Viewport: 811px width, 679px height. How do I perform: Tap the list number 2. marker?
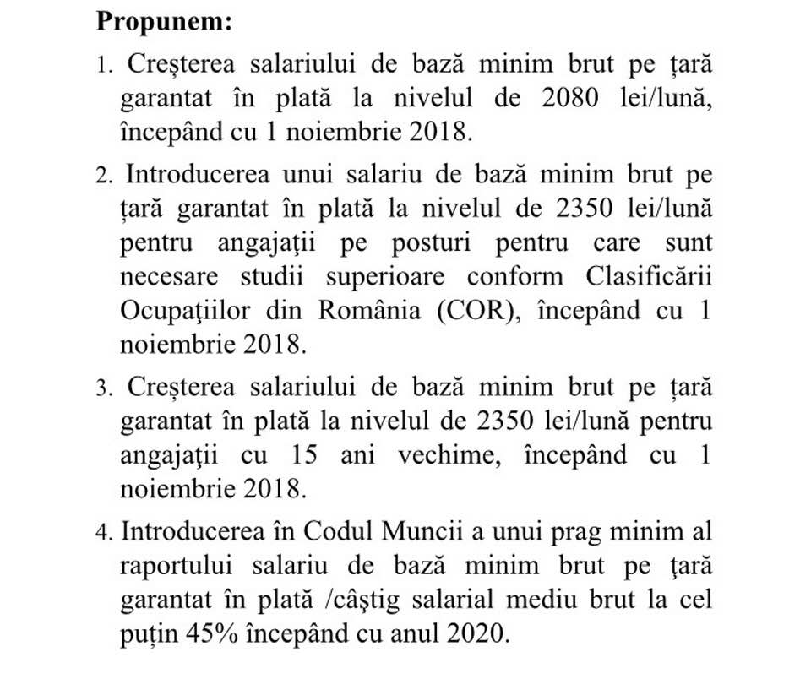coord(104,177)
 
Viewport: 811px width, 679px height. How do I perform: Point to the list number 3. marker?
coord(104,388)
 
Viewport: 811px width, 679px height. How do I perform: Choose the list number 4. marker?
coord(104,533)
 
